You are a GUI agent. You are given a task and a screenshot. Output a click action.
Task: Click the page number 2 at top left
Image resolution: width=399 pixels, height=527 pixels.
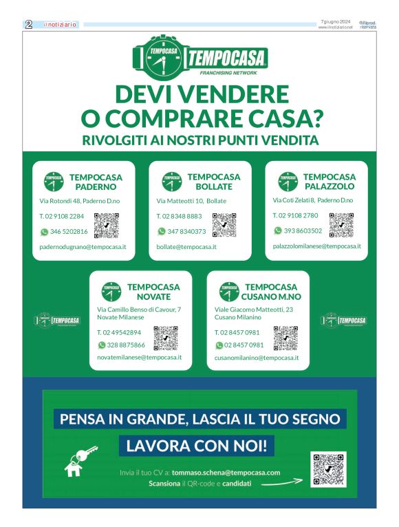coord(29,24)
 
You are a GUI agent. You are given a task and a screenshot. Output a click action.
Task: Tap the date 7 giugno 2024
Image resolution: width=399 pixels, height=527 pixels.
coord(336,22)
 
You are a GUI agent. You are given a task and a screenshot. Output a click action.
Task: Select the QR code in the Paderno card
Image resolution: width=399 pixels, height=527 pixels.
coord(107,226)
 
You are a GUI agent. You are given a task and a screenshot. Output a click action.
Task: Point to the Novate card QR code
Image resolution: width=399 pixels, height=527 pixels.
coord(166,338)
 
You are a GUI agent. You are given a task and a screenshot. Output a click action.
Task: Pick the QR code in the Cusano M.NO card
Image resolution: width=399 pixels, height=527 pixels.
coord(285,338)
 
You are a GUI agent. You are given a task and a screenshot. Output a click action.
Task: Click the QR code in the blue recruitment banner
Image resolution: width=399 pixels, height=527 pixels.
coord(328,470)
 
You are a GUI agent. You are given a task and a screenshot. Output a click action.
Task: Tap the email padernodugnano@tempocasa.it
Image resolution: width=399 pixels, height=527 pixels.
coord(78,246)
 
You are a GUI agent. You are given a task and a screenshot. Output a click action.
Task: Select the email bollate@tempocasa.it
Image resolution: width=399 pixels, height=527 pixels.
coord(186,246)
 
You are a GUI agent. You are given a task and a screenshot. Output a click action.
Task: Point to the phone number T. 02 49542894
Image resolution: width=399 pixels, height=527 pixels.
coord(119,332)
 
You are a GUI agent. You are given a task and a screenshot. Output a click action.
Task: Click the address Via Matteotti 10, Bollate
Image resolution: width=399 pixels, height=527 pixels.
coord(191,201)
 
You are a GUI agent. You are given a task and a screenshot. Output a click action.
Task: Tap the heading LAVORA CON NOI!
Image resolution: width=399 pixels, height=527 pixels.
coord(199,446)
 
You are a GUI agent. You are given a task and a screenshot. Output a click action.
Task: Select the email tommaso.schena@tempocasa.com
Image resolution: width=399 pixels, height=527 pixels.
coord(226,473)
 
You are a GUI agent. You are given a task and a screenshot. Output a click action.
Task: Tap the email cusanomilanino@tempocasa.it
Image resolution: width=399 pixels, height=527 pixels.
coord(257,358)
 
